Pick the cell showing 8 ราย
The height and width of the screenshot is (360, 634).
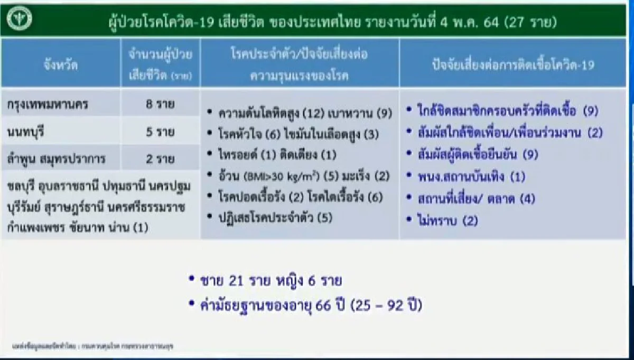tap(161, 104)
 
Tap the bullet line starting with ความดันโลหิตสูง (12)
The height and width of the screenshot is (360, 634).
tap(300, 113)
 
